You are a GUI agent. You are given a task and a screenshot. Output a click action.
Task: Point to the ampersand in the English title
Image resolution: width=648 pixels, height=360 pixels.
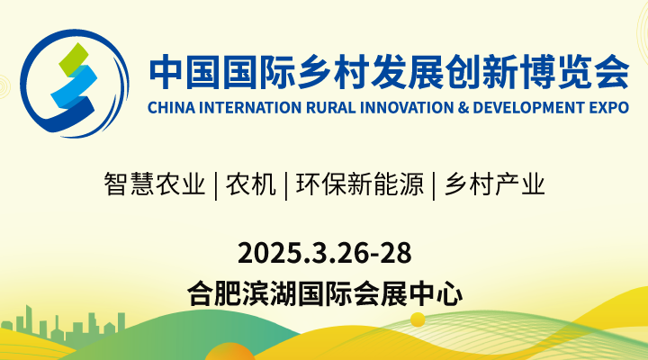(x=442, y=107)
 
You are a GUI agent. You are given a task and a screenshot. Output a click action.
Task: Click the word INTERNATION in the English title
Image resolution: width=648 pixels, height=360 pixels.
(x=236, y=107)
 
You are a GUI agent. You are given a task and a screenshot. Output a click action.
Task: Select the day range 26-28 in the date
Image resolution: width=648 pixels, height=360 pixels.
(x=378, y=251)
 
